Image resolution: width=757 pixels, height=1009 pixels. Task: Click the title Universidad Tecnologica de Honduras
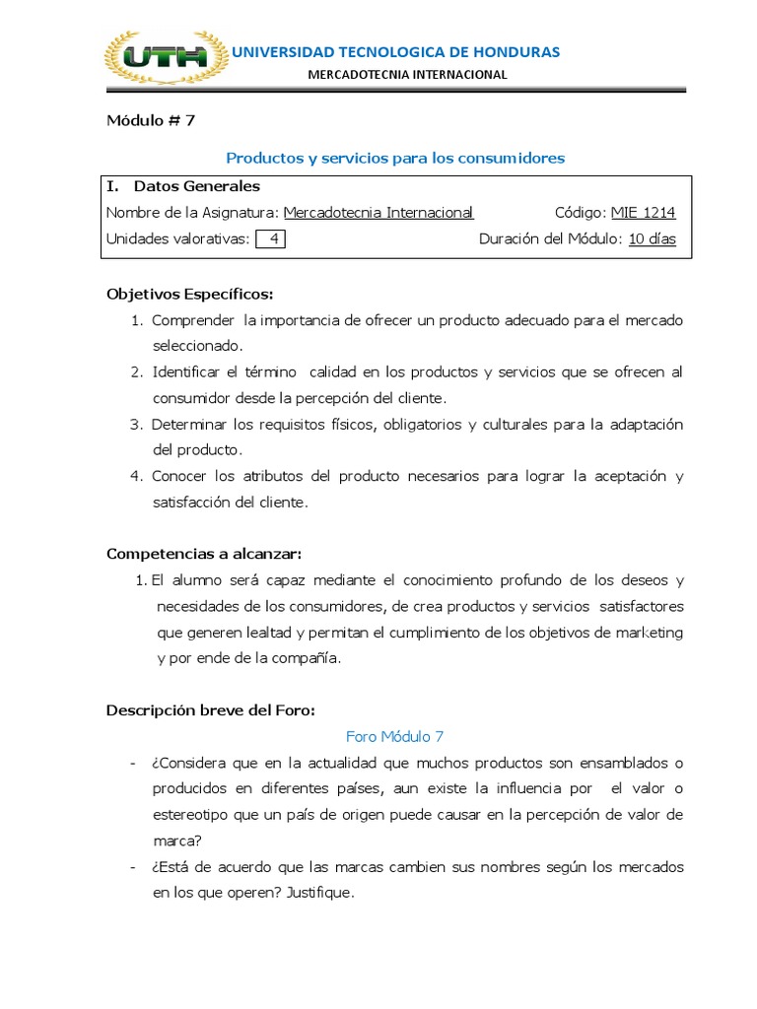[394, 51]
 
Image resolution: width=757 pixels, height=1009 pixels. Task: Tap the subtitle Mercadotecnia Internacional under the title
[407, 74]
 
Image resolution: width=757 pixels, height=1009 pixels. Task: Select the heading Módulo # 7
[151, 121]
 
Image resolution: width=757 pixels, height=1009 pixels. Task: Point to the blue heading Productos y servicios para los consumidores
[395, 158]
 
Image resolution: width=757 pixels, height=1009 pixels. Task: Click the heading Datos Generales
[197, 185]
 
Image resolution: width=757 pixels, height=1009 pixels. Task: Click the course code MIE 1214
[644, 212]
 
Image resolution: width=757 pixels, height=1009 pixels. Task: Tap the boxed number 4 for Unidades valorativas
[270, 239]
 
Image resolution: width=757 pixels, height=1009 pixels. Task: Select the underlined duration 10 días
[653, 239]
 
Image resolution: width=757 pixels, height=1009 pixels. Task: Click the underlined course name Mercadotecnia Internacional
[378, 212]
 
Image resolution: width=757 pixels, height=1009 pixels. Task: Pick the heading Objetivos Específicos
[189, 295]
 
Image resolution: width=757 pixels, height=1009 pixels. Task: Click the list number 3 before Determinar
[137, 425]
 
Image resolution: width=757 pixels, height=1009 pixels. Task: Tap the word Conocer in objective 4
[178, 476]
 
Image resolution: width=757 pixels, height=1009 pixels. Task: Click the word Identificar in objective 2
[185, 372]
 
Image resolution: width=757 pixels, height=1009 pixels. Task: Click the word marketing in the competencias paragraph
[649, 633]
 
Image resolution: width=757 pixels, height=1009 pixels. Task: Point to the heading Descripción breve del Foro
[210, 710]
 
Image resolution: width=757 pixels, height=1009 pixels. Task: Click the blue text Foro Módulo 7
[395, 737]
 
